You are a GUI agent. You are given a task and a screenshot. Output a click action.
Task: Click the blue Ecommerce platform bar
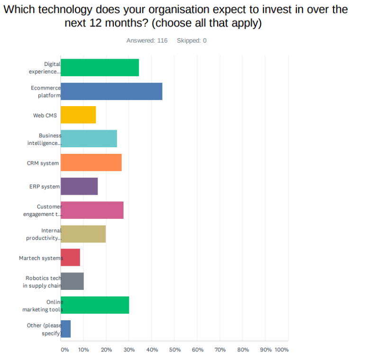coord(112,91)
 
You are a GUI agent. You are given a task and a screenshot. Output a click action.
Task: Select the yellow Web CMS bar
coord(79,115)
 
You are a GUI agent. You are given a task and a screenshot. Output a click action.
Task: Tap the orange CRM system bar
coord(91,162)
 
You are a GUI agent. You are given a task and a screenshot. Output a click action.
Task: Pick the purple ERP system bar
coord(80,186)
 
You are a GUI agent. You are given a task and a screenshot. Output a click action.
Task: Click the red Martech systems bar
coord(71,257)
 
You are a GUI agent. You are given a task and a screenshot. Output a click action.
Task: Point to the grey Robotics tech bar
coord(72,281)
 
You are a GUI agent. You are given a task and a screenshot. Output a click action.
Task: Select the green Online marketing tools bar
coord(95,305)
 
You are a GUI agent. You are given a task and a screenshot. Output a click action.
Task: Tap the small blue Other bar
coord(66,329)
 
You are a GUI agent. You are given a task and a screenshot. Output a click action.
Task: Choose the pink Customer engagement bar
coord(92,210)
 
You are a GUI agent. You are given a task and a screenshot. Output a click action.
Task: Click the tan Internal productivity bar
coord(83,234)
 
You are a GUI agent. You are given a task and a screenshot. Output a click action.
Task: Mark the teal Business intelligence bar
coord(89,139)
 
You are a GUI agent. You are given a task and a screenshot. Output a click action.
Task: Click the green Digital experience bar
coord(100,68)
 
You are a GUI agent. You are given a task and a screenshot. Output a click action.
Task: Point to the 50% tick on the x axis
coord(175,350)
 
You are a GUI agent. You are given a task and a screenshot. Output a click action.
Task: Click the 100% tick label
coord(281,350)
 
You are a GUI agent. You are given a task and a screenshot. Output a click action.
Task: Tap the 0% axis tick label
coord(64,350)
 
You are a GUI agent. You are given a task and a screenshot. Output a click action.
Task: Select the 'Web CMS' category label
coord(45,115)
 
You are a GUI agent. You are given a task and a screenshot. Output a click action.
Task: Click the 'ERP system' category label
coord(45,187)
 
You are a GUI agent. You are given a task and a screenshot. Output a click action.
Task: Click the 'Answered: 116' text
coord(147,41)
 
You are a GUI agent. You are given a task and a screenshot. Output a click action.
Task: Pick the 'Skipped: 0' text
coord(191,41)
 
